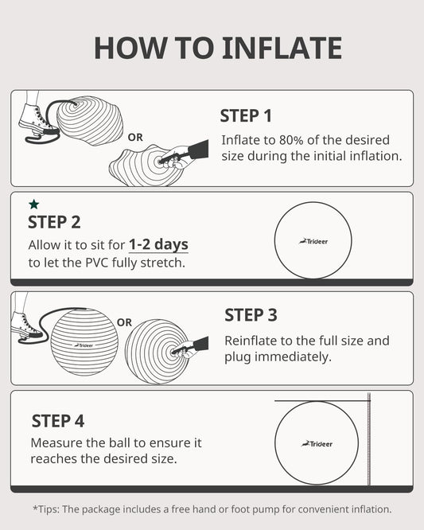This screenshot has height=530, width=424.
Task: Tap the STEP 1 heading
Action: click(x=246, y=116)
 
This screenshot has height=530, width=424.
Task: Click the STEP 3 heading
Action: click(x=251, y=315)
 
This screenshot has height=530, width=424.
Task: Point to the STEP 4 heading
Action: click(x=58, y=421)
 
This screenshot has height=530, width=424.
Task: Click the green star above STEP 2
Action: click(x=33, y=205)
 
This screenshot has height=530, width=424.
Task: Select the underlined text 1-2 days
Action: click(x=158, y=244)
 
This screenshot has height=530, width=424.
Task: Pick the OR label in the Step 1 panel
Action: click(x=135, y=137)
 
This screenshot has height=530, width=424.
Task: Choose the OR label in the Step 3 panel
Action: click(x=124, y=322)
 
